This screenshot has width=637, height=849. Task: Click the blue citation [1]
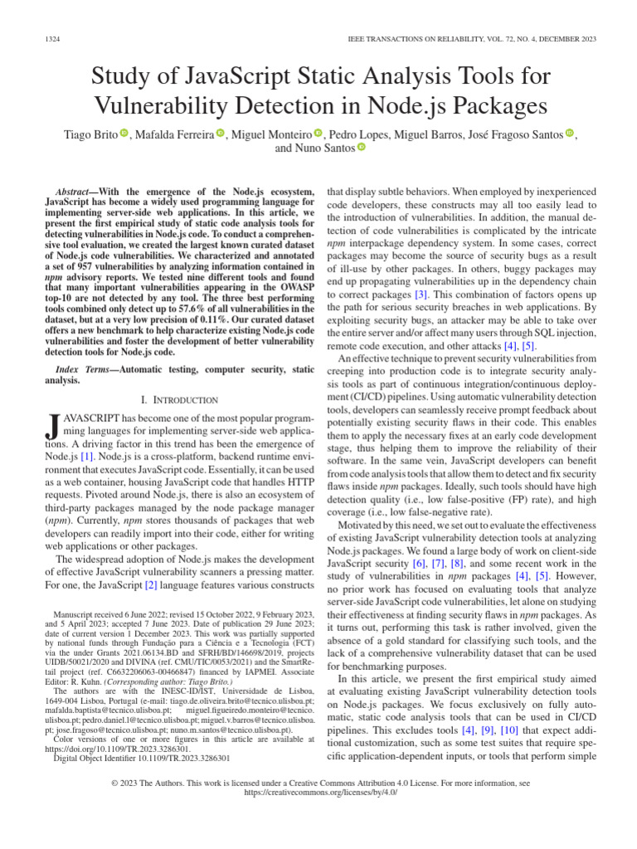[x=85, y=456]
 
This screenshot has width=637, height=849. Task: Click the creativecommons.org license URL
[x=318, y=792]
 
